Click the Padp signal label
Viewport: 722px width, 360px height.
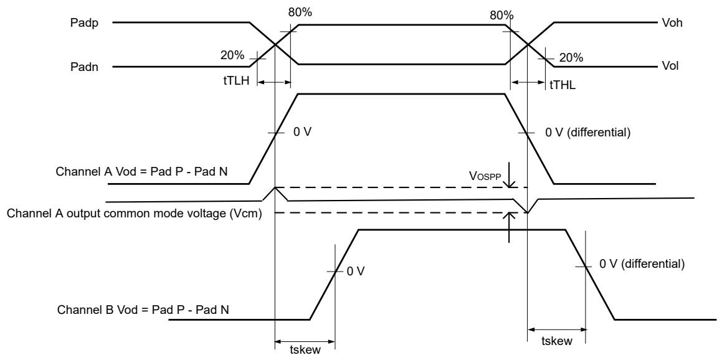(x=84, y=22)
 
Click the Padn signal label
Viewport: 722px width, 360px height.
(x=84, y=67)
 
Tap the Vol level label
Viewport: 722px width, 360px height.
(x=670, y=67)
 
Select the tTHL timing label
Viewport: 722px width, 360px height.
(x=563, y=85)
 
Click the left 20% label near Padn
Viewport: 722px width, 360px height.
(x=232, y=55)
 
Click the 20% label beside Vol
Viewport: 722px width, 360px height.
(x=571, y=57)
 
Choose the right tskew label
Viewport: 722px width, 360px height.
(x=557, y=341)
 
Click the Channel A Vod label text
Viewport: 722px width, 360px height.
(x=142, y=172)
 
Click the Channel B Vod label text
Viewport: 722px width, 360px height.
(x=143, y=310)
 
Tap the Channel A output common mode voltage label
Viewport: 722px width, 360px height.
(x=135, y=214)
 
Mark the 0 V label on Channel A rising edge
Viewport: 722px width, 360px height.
(x=303, y=133)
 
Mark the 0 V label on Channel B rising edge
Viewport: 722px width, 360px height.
(x=356, y=271)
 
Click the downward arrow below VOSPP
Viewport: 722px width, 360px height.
(x=509, y=175)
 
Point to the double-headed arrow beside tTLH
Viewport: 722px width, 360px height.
(x=274, y=82)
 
